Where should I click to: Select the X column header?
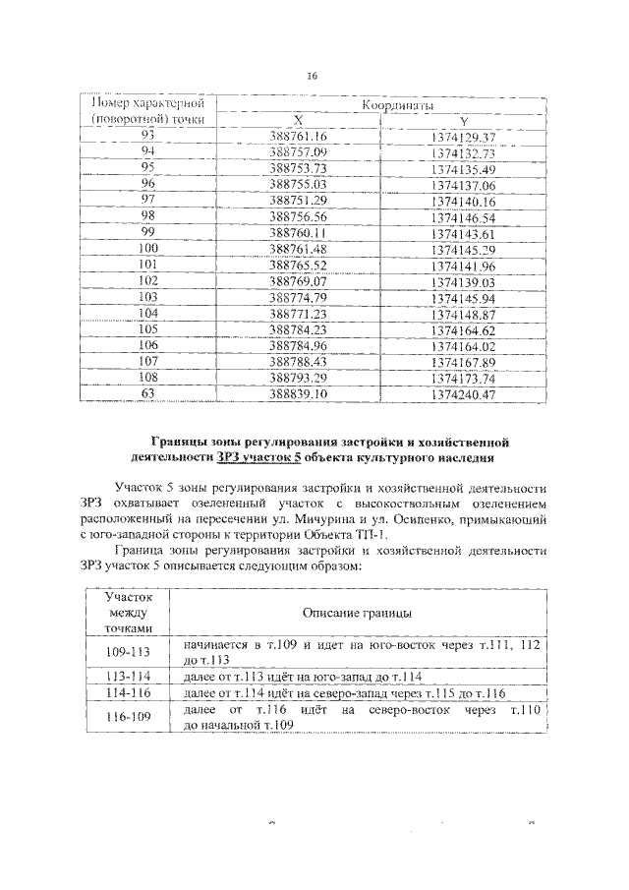pyautogui.click(x=298, y=120)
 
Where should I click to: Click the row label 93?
pyautogui.click(x=148, y=135)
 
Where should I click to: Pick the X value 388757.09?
pyautogui.click(x=297, y=151)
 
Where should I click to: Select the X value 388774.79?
pyautogui.click(x=297, y=297)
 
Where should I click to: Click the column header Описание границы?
pyautogui.click(x=357, y=613)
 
